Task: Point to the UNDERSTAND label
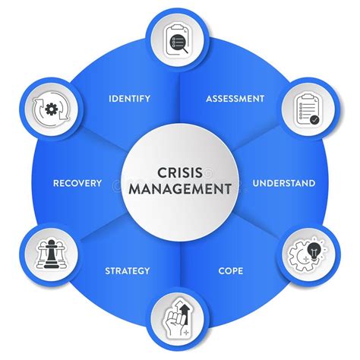283,183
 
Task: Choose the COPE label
230,270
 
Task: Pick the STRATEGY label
127,270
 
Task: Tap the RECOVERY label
77,183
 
